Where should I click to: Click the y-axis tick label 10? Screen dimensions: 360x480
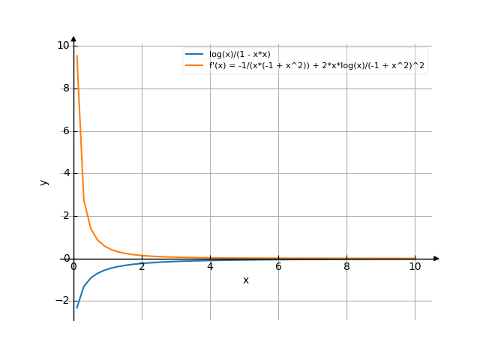click(x=63, y=46)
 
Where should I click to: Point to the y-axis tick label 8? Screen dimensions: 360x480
click(x=66, y=88)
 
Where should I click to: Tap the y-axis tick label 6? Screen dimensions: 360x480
click(x=66, y=131)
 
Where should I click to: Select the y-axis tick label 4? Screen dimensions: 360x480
click(x=66, y=173)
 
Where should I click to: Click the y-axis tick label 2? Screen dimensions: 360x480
click(x=66, y=216)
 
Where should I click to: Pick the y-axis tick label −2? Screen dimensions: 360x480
click(x=63, y=301)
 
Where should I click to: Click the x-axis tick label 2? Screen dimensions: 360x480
click(x=142, y=266)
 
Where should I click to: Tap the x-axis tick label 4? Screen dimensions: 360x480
click(x=210, y=266)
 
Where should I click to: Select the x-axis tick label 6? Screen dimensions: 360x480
click(x=278, y=266)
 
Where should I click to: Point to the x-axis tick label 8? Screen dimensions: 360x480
click(x=346, y=266)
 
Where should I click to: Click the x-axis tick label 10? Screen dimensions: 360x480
click(x=415, y=266)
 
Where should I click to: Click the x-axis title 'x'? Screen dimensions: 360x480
click(x=245, y=280)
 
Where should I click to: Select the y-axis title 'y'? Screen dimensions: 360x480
click(x=44, y=181)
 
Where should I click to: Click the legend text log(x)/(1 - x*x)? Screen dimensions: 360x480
click(x=240, y=55)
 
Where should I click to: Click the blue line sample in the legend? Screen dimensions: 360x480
click(x=195, y=55)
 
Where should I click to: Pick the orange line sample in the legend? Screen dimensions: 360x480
click(x=195, y=65)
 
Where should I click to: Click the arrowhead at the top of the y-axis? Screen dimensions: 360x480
click(x=73, y=38)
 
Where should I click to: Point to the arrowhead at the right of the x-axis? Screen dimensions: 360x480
click(x=436, y=259)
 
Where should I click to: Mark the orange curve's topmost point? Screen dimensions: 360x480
click(x=76, y=55)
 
